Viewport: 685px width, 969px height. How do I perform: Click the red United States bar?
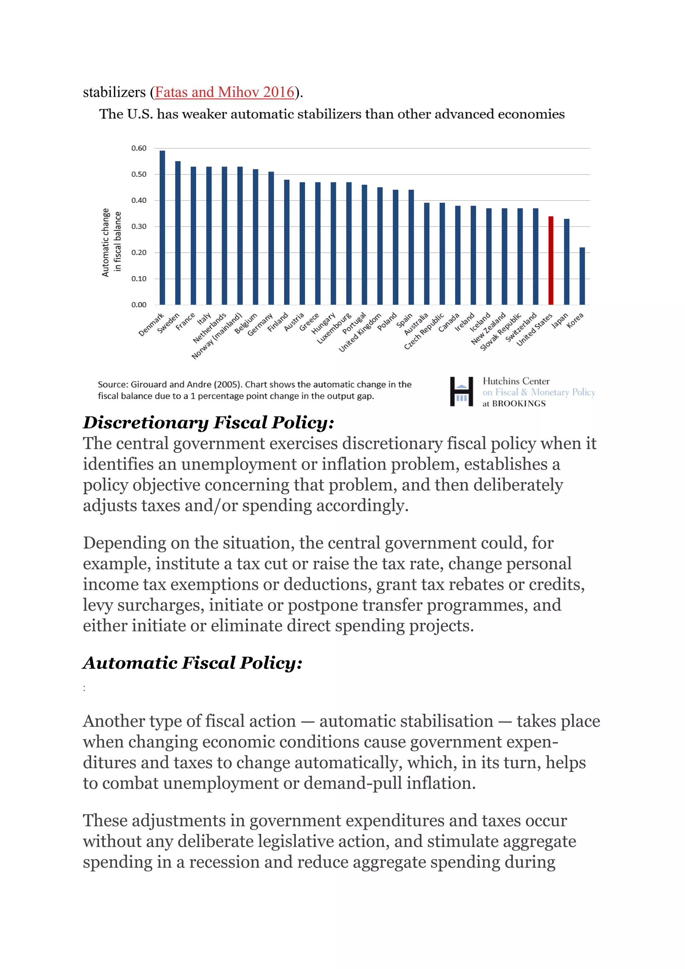coord(551,260)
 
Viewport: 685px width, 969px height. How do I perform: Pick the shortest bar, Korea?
coord(582,276)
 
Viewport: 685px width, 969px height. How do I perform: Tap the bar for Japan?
coord(567,262)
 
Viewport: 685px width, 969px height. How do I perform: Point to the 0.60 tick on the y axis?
coord(139,148)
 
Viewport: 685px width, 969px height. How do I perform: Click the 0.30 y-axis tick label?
coord(139,227)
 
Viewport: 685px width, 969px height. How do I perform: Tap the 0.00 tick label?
coord(139,305)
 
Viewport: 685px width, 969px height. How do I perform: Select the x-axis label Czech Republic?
coord(424,331)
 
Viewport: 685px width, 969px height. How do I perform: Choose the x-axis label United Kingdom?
coord(360,333)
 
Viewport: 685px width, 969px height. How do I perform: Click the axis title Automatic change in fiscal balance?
coord(111,243)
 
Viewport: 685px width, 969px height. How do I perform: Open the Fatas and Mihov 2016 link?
coord(224,92)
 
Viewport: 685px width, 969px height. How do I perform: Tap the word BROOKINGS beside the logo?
coord(519,404)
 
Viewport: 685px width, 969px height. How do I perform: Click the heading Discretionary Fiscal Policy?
coord(208,423)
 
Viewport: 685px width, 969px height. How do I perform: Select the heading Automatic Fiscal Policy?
coord(192,663)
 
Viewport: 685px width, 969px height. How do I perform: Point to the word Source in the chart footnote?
coord(112,384)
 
